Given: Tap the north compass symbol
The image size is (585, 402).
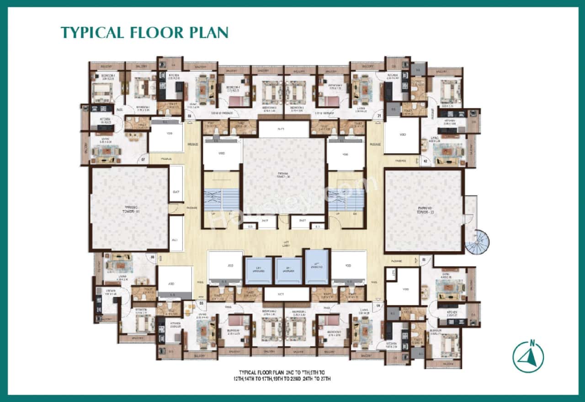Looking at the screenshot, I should (528, 356).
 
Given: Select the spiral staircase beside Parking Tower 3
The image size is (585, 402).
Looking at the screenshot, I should (477, 242).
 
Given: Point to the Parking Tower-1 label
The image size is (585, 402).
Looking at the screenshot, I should (129, 211).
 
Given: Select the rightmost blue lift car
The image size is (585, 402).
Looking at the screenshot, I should (317, 267).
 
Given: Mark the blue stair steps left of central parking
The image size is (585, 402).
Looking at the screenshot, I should (221, 200).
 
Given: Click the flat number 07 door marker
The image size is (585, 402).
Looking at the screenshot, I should (143, 160).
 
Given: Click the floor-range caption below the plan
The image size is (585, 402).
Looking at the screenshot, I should (284, 376).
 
